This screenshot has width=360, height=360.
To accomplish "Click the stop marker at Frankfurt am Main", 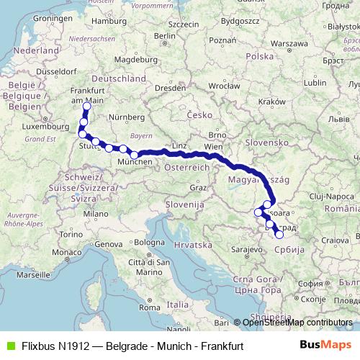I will point(86,107).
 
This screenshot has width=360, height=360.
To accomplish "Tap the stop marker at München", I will point(134,155).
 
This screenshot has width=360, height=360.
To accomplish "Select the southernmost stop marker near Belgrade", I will point(279,235).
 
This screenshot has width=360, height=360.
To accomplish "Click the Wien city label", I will point(213,147).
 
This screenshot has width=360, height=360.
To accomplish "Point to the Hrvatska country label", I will point(191,244).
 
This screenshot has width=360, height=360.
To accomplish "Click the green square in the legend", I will point(9,346).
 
